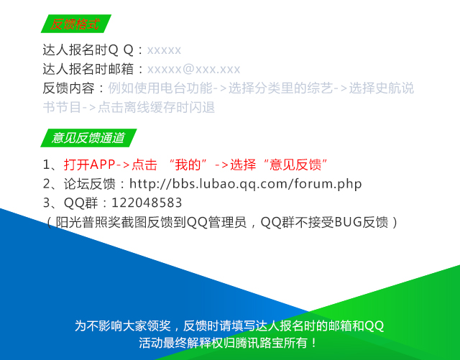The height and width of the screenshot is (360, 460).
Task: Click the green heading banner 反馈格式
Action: (76, 24)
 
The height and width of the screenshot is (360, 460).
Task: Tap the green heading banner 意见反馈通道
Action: (88, 138)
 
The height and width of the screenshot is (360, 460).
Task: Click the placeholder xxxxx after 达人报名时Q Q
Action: (164, 50)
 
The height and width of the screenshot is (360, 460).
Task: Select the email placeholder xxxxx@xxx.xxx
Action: (193, 69)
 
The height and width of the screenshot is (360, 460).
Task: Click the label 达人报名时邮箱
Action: (88, 69)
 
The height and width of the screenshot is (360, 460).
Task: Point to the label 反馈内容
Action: (69, 88)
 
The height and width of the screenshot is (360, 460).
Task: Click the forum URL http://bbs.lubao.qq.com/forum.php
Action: (246, 184)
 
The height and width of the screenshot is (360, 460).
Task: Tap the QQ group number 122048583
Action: (147, 203)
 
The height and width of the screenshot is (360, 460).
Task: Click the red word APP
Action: (103, 165)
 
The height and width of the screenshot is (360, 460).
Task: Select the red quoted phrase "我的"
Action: (188, 165)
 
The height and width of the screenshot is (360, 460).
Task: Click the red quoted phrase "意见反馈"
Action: (295, 165)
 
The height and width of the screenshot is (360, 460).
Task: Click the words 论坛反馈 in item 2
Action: (89, 184)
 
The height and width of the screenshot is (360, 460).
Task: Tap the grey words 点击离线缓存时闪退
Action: (156, 107)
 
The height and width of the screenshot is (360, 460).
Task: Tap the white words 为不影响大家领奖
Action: (123, 326)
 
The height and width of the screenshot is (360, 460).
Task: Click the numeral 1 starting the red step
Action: (46, 165)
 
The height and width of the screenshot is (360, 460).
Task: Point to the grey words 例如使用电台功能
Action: (160, 88)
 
